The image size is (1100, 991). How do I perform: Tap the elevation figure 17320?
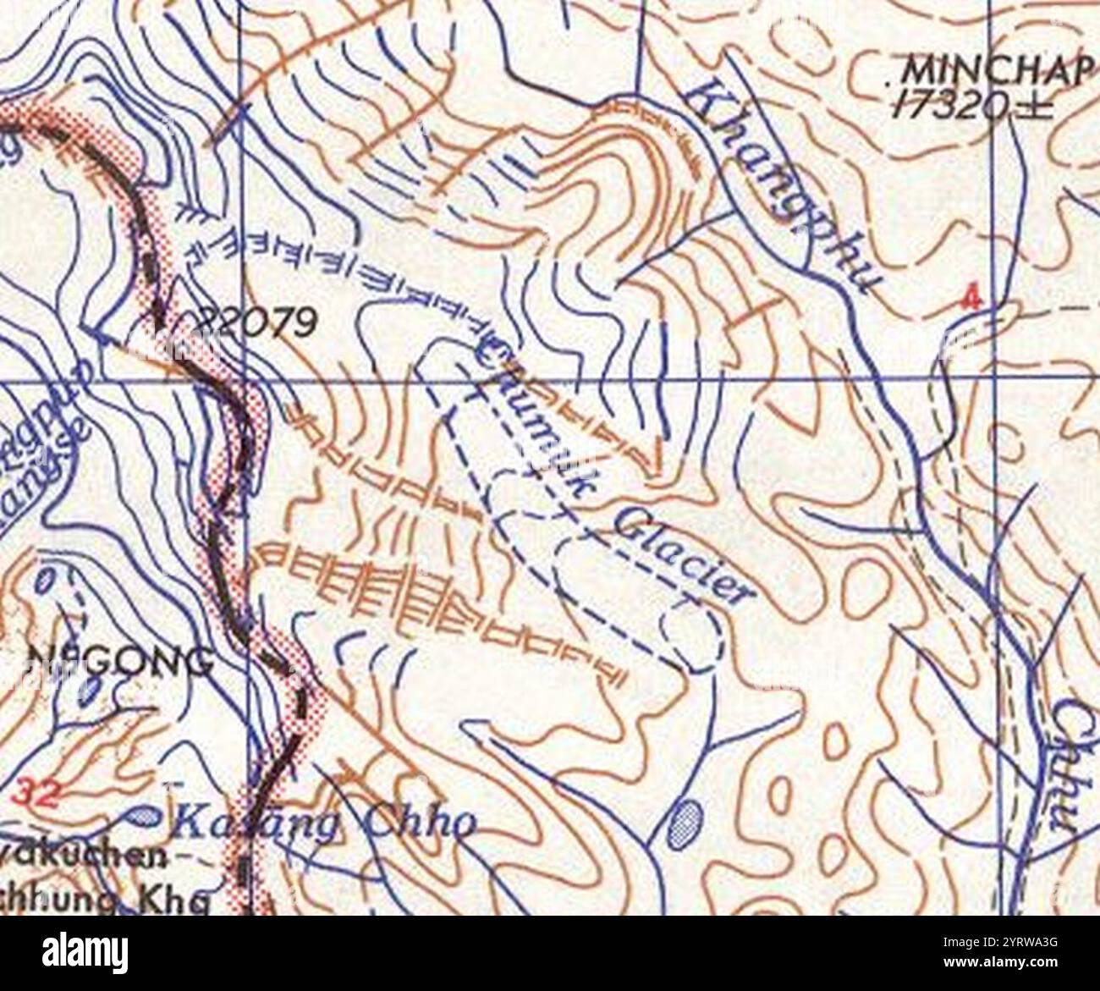pos(973,105)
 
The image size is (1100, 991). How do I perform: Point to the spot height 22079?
pos(258,322)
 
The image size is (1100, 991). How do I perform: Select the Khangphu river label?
pos(783,182)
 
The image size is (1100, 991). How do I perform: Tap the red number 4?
pos(973,299)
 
